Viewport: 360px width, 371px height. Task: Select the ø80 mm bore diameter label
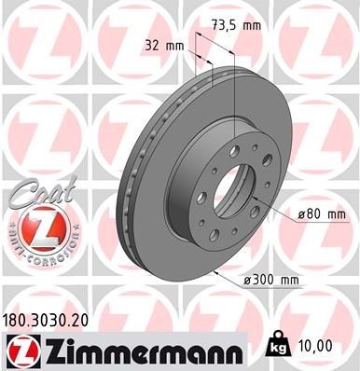[x=321, y=215]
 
